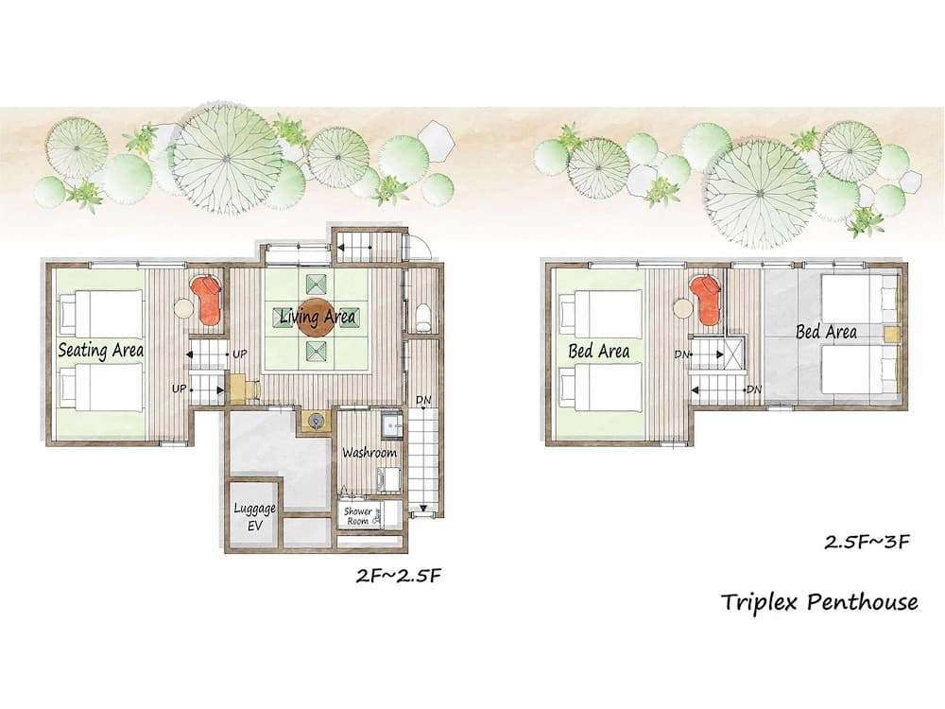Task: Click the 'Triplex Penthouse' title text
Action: point(819,601)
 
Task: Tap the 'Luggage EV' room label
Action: point(254,516)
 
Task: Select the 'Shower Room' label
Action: point(357,516)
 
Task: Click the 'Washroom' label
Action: point(369,453)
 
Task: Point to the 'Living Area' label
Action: point(318,318)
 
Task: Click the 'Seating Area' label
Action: point(100,350)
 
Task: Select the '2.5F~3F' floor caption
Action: point(867,542)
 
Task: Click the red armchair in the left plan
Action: point(206,297)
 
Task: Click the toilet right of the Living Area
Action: point(422,316)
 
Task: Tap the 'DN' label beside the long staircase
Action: point(421,401)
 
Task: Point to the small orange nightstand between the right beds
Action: point(891,333)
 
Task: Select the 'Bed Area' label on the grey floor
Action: point(826,332)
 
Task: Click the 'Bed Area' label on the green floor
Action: point(599,351)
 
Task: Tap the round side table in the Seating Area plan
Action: point(180,308)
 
